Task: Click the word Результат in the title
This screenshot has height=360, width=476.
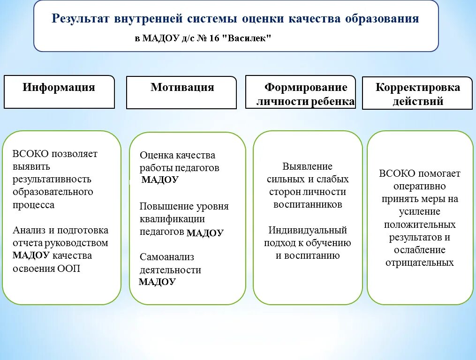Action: [79, 19]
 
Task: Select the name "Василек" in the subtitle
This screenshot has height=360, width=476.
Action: [249, 38]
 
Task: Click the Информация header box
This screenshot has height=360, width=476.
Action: [59, 92]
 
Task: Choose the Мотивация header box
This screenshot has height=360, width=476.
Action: [181, 92]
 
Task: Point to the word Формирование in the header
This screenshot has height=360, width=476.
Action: [306, 88]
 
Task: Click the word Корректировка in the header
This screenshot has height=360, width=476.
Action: [418, 88]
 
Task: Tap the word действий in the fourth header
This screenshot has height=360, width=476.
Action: [418, 101]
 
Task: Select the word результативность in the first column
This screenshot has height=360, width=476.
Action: [52, 179]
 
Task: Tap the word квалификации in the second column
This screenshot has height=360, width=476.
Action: [172, 219]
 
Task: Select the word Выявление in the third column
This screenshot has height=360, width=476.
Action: [307, 166]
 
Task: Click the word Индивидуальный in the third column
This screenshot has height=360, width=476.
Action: [308, 230]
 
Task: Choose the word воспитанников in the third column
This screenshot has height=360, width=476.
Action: [308, 204]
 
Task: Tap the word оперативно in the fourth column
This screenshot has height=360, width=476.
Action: [420, 186]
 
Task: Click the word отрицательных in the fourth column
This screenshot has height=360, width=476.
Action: [420, 262]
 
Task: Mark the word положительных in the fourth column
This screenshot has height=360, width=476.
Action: [420, 225]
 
